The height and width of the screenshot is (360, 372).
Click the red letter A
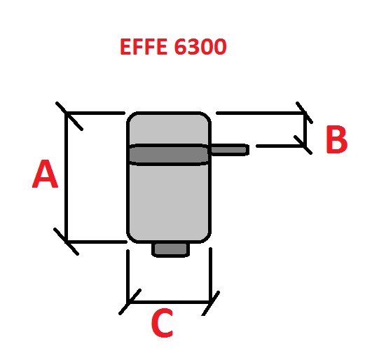point(45,174)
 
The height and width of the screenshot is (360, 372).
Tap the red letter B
point(337,139)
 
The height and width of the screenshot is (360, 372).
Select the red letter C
point(162,323)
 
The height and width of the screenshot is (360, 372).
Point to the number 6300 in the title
point(200,47)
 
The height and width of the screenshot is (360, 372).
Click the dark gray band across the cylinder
point(168,155)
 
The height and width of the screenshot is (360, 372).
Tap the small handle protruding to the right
point(229,150)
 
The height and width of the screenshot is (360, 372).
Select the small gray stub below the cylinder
point(170,250)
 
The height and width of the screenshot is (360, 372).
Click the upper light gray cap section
point(169,129)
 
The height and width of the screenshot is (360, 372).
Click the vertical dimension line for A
point(66,176)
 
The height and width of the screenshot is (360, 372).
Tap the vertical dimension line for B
point(305,130)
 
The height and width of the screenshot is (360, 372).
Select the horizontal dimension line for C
point(170,303)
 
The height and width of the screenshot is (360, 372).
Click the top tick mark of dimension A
point(69,116)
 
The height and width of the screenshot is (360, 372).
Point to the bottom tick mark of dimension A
point(66,242)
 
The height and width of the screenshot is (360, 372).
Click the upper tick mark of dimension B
point(304,112)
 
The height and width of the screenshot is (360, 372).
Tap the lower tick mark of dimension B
point(303,145)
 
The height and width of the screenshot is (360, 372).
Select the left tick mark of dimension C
point(130,302)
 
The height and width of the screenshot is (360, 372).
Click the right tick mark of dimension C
point(210,303)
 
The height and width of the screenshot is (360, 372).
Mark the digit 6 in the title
point(181,47)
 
